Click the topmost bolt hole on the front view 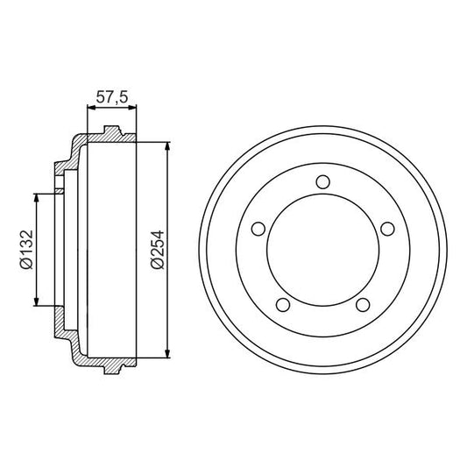click(322, 182)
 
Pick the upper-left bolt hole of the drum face click(258, 229)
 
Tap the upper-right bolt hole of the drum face click(386, 229)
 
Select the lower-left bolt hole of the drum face click(282, 304)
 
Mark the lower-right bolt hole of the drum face click(361, 304)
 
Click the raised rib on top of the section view click(110, 131)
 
